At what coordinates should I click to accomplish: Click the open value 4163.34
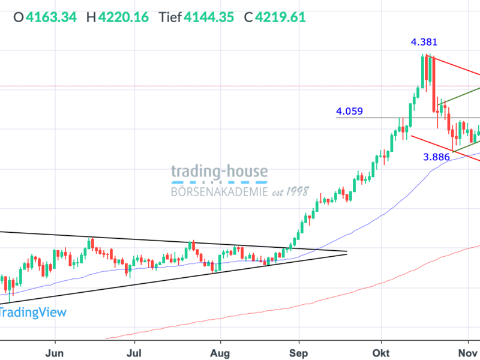tap(51, 17)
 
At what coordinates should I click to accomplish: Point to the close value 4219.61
tap(281, 17)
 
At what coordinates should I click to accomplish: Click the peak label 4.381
tap(424, 43)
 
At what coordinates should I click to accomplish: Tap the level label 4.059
tap(349, 111)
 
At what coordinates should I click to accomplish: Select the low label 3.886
tap(436, 157)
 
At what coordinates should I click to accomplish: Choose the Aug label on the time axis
tap(221, 350)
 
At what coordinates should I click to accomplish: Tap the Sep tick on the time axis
tap(298, 350)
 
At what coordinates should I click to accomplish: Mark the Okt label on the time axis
tap(380, 350)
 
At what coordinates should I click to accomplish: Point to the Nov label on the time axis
tap(466, 350)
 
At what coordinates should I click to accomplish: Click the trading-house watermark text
tap(220, 172)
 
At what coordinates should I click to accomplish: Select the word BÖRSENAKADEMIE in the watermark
tap(218, 192)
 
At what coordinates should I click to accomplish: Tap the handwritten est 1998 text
tap(289, 192)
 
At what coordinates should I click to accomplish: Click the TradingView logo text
tap(33, 312)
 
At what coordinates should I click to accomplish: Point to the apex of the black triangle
tap(347, 253)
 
